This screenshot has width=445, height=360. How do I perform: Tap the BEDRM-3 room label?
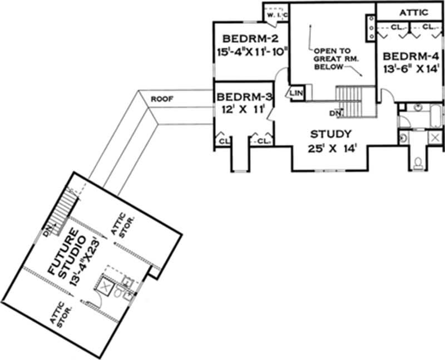pos(243,95)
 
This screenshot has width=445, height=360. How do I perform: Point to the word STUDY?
pos(331,134)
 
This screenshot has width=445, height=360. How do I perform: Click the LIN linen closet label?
pos(296,93)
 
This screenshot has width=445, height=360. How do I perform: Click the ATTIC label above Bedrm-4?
pos(413,12)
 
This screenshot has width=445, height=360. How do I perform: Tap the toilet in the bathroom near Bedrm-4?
pos(419,162)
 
